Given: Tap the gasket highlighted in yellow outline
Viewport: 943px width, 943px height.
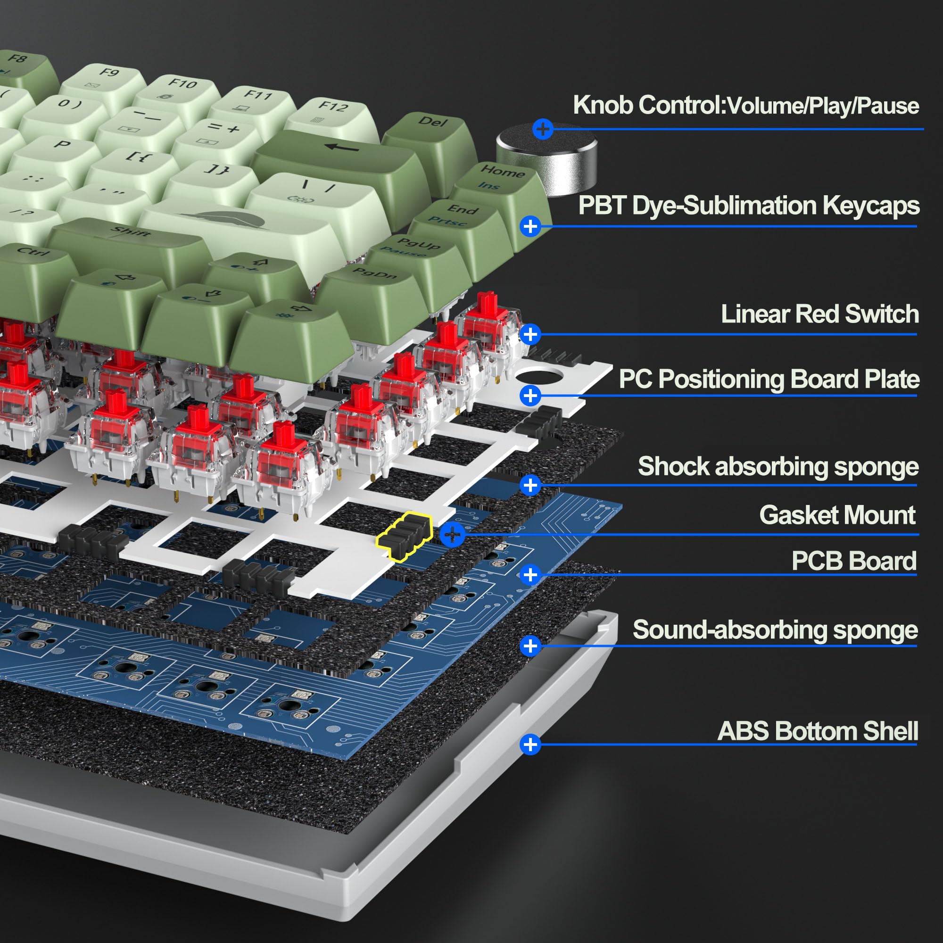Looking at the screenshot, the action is tap(404, 536).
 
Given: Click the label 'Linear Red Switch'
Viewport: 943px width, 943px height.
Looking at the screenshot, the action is tap(819, 314).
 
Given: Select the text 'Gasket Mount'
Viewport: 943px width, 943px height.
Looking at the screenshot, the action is tap(837, 515).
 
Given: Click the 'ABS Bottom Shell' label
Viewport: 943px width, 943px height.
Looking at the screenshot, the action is tap(818, 731).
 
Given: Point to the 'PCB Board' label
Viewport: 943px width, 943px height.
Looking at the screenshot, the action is tap(854, 561).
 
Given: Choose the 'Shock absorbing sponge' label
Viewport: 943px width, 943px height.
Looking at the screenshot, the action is tap(778, 467).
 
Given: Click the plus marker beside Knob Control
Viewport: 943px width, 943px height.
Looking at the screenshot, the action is tap(543, 129).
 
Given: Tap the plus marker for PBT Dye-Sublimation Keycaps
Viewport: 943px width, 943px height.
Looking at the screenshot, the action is tap(530, 226).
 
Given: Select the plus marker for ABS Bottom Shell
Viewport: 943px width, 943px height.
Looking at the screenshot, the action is tap(530, 744).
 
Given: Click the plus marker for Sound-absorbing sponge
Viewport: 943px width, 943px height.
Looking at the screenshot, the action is tap(530, 646).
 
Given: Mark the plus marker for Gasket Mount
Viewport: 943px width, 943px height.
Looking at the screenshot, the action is tap(453, 535).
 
